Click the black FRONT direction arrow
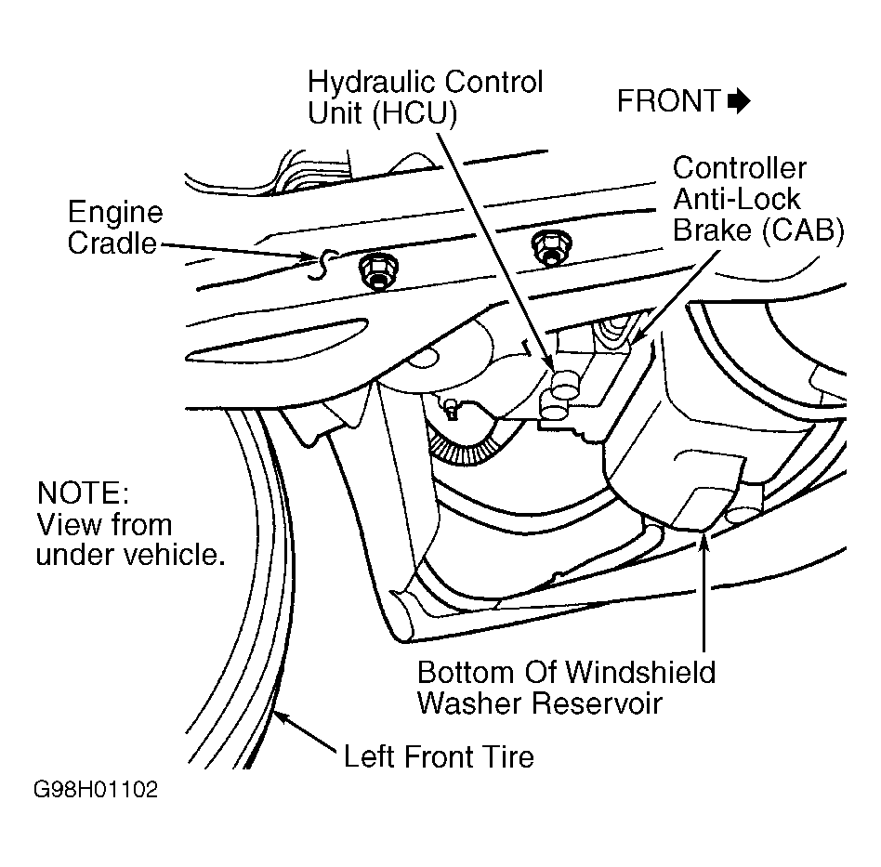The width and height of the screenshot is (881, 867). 738,101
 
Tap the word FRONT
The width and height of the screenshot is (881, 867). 668,101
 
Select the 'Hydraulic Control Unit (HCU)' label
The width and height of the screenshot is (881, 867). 425,98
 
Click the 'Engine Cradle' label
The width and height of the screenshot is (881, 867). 114,228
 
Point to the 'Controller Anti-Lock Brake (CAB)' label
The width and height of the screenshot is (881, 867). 758,199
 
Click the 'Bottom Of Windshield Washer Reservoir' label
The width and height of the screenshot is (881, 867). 566,688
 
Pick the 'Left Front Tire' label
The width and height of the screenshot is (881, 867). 439,756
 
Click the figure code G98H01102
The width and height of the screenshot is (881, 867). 96,790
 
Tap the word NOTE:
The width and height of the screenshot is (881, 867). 83,493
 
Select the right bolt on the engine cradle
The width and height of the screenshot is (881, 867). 551,248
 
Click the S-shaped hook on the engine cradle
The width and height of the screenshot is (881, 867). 323,264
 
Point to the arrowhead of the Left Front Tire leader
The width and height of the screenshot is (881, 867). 281,718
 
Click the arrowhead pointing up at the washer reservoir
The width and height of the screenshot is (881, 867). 704,541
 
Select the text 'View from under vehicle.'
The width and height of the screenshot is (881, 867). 131,539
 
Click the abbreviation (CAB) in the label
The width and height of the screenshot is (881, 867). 802,230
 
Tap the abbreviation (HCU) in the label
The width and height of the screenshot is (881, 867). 414,113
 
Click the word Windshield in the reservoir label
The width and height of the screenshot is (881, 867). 640,672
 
